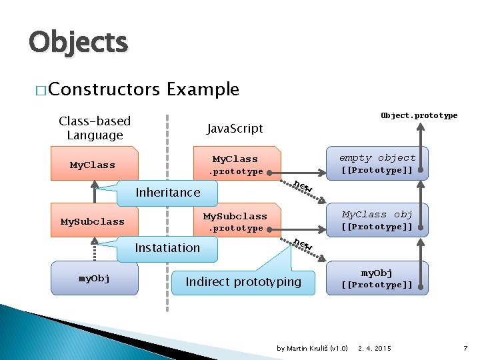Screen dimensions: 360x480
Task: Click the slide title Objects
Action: (78, 43)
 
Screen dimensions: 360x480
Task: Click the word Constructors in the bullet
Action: (104, 89)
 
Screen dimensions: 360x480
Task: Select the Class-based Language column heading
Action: (95, 128)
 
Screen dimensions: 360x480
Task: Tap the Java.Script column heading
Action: (235, 128)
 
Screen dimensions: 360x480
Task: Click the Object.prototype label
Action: (419, 115)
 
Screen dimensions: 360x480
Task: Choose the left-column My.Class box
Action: (93, 165)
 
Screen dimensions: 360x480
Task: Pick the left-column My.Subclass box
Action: (93, 221)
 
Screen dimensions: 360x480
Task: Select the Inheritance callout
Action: (167, 193)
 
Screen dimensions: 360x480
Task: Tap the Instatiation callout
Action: (167, 248)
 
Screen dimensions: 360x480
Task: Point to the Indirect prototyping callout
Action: (243, 282)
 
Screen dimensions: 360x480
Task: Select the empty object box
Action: (377, 163)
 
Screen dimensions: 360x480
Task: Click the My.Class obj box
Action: (377, 220)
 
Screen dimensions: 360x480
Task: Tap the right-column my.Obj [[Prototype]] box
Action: (377, 278)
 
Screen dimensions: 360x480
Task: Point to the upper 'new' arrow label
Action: (303, 187)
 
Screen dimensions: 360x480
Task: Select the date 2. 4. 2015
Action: (375, 349)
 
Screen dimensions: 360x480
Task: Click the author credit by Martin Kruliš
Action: (312, 349)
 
